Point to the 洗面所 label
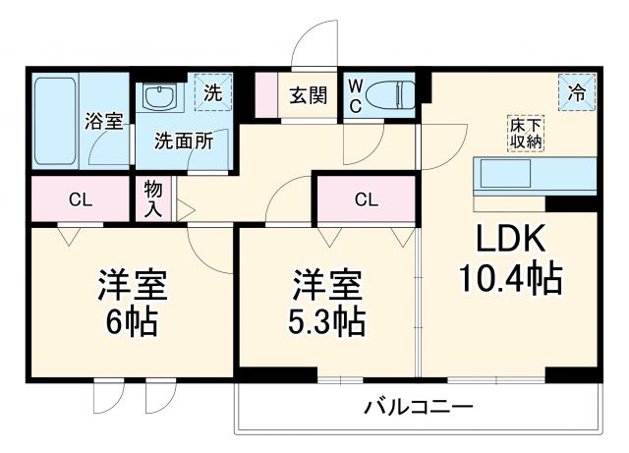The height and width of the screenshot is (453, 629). tap(182, 140)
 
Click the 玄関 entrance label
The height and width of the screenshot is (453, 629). tap(305, 95)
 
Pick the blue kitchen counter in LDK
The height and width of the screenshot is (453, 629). tap(536, 175)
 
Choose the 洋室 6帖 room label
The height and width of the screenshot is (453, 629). tap(131, 300)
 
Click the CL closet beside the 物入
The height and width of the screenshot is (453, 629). tap(81, 199)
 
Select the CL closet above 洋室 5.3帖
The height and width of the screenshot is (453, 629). tap(366, 199)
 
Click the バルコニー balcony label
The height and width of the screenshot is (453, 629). tap(418, 406)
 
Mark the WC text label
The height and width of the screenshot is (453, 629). tap(355, 95)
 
